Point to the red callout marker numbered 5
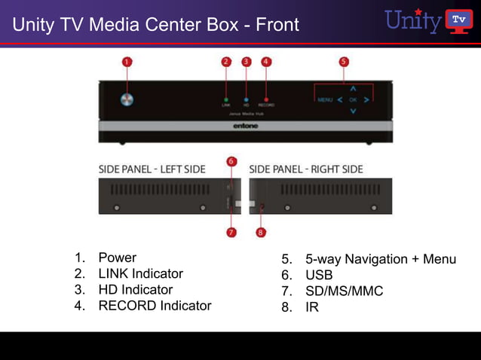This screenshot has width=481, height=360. (344, 62)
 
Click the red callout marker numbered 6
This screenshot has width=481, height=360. (231, 161)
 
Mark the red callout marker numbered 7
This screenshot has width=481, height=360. (231, 232)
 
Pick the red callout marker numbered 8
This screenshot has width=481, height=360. (261, 232)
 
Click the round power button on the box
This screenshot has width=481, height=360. (127, 99)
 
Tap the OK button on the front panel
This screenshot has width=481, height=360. (352, 99)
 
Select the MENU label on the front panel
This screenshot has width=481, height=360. (325, 99)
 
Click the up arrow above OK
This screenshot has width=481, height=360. (352, 88)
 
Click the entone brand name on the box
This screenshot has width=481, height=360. (245, 127)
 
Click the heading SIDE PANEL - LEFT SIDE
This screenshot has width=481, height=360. (152, 169)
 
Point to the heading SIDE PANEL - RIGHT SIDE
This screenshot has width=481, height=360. (305, 169)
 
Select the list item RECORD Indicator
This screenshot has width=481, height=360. (155, 306)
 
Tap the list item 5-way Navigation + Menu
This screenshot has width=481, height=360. (380, 260)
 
